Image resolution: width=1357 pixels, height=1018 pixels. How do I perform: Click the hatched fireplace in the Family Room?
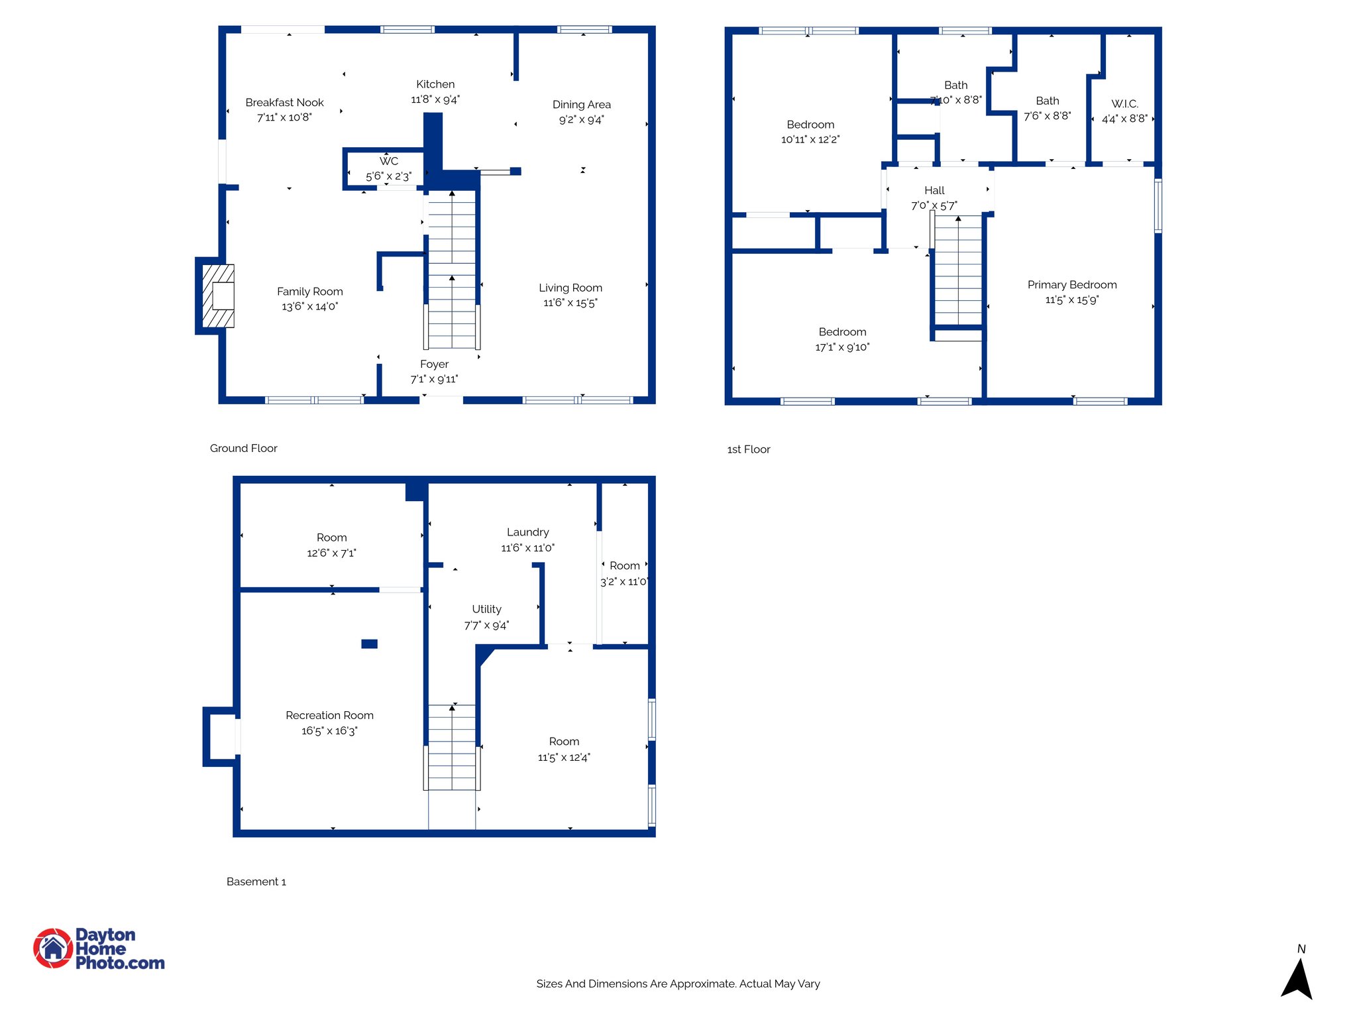218,296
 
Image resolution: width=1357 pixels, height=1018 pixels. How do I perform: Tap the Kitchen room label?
435,84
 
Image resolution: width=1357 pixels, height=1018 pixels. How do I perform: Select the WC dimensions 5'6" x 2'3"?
388,176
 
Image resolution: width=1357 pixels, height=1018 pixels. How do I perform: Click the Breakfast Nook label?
284,102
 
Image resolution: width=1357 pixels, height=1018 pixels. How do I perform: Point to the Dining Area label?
581,105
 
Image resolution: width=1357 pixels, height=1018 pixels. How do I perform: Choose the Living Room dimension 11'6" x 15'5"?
570,303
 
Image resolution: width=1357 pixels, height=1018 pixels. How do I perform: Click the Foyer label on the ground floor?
434,364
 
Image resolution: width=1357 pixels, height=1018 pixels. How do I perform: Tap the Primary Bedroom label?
1071,284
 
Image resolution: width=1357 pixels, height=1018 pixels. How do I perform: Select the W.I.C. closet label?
1124,104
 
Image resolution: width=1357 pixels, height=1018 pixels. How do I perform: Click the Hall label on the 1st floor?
934,190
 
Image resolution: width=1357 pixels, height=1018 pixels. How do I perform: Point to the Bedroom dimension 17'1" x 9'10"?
841,347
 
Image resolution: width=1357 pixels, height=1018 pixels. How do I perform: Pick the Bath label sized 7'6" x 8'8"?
1047,101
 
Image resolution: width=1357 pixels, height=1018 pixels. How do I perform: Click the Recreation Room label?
329,715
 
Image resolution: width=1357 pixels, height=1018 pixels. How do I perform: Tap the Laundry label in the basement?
527,532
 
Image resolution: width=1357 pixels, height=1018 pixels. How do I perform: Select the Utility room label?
486,609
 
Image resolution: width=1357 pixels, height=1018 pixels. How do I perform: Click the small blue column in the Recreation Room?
369,644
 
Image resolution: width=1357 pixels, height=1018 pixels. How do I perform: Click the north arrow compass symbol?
1297,978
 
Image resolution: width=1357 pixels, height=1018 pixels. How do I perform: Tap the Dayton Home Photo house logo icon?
53,948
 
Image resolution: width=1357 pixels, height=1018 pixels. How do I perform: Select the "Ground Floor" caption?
243,448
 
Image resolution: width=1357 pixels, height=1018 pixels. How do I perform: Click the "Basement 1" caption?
256,881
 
